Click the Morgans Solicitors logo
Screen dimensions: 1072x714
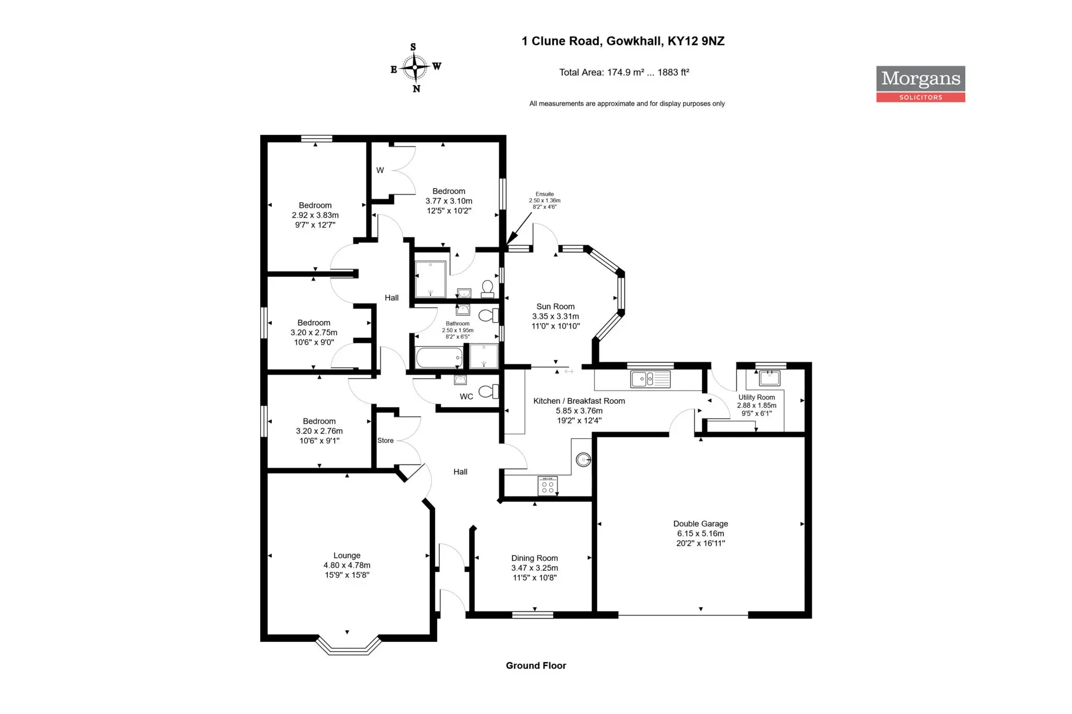pyautogui.click(x=920, y=84)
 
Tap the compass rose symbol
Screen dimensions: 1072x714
pyautogui.click(x=415, y=67)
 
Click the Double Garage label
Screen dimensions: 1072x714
pyautogui.click(x=700, y=533)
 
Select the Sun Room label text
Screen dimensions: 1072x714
pyautogui.click(x=555, y=316)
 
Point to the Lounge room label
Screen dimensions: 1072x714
pyautogui.click(x=347, y=565)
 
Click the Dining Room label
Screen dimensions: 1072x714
pyautogui.click(x=534, y=568)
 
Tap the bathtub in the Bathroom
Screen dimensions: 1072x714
pyautogui.click(x=439, y=358)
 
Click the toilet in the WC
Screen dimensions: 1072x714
pyautogui.click(x=488, y=391)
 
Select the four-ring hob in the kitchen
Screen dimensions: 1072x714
pyautogui.click(x=548, y=485)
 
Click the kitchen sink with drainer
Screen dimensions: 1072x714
pyautogui.click(x=650, y=379)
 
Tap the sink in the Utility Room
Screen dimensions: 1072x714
pyautogui.click(x=769, y=378)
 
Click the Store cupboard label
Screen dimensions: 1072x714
pyautogui.click(x=385, y=440)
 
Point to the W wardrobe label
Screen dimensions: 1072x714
pyautogui.click(x=380, y=170)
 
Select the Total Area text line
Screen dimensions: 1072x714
pyautogui.click(x=624, y=72)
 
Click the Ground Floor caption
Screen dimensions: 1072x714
pyautogui.click(x=536, y=665)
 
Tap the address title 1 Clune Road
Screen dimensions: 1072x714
pyautogui.click(x=623, y=41)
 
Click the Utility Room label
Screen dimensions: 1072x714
pyautogui.click(x=756, y=405)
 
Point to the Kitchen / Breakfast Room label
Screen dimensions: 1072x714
pyautogui.click(x=579, y=411)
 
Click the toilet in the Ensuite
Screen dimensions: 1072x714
pyautogui.click(x=487, y=289)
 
